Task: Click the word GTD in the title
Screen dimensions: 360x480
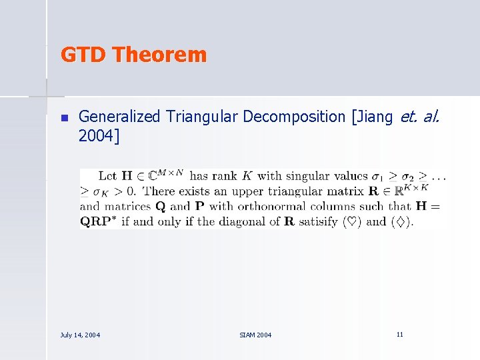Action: tap(84, 55)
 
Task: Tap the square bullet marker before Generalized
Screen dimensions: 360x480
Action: tap(64, 118)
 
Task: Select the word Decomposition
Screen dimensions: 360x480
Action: tap(294, 117)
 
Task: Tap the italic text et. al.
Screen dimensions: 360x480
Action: tap(420, 117)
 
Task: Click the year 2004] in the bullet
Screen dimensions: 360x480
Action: tap(99, 137)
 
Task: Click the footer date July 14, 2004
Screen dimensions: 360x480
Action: tap(80, 335)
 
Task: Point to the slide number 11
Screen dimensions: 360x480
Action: tap(399, 334)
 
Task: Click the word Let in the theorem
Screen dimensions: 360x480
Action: tap(107, 177)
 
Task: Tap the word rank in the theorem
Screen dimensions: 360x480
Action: tap(223, 177)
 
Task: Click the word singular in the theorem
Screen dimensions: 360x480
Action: tap(309, 177)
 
